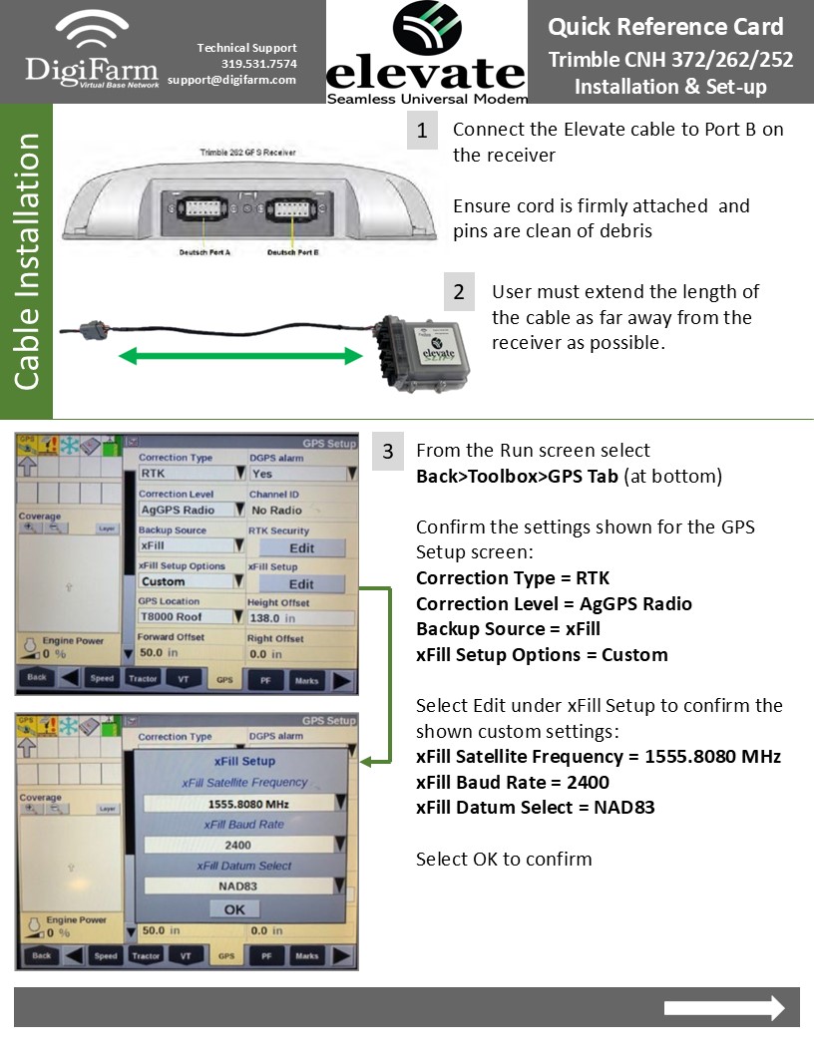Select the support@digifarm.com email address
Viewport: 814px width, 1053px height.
pyautogui.click(x=231, y=80)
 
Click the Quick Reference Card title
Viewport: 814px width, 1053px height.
pyautogui.click(x=665, y=27)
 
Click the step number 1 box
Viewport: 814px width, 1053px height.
pyautogui.click(x=422, y=131)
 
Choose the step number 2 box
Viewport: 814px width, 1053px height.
pyautogui.click(x=459, y=292)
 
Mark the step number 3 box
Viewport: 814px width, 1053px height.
pyautogui.click(x=388, y=452)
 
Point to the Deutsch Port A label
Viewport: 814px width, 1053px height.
pyautogui.click(x=204, y=252)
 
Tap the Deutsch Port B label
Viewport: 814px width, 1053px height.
pyautogui.click(x=293, y=252)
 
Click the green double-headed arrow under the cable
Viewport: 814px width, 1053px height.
pyautogui.click(x=239, y=355)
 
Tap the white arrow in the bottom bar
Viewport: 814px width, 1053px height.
pyautogui.click(x=724, y=1008)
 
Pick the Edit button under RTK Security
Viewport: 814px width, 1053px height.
pyautogui.click(x=301, y=547)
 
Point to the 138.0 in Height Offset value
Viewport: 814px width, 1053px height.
pyautogui.click(x=300, y=618)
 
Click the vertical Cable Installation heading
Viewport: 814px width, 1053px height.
pyautogui.click(x=27, y=261)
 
